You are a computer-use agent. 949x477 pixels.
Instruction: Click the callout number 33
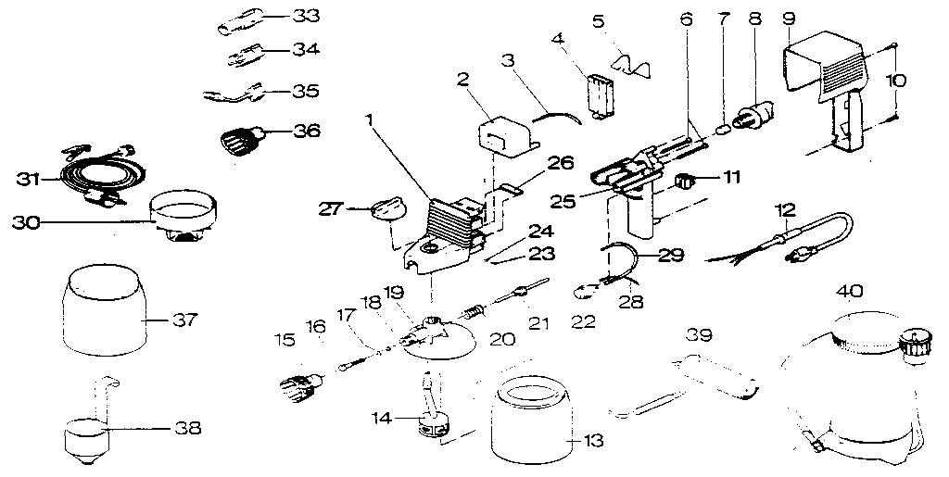305,16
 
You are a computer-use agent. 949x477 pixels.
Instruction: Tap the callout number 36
307,132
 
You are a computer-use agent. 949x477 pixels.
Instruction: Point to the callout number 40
851,291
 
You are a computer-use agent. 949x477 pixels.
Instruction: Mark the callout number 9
789,17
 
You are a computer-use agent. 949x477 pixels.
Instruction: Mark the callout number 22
584,323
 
